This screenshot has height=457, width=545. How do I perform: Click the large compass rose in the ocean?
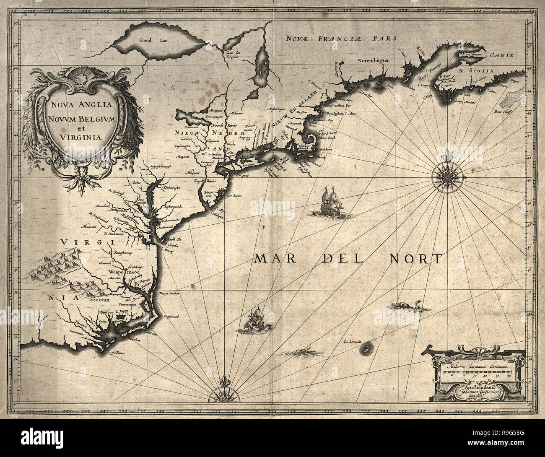pos(445,174)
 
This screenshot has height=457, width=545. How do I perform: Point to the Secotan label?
pos(99,300)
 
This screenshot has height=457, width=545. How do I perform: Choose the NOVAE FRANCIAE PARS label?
pos(341,39)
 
